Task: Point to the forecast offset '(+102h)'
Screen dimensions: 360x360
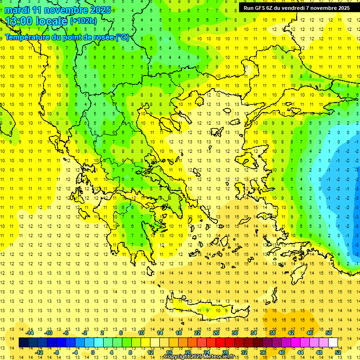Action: point(83,21)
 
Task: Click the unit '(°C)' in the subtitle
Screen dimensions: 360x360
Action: point(122,37)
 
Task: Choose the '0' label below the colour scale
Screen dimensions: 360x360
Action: point(93,352)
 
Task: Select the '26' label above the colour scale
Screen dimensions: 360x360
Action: point(217,333)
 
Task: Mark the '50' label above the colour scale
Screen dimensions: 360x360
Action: point(329,333)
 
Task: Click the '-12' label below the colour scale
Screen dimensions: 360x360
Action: point(39,352)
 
